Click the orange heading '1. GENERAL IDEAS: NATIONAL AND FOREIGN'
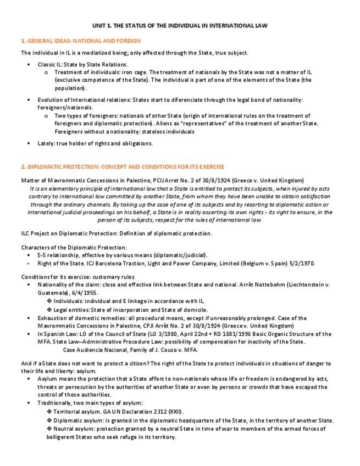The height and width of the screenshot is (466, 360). pos(80,41)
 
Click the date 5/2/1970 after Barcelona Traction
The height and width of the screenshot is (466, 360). pos(301,263)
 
